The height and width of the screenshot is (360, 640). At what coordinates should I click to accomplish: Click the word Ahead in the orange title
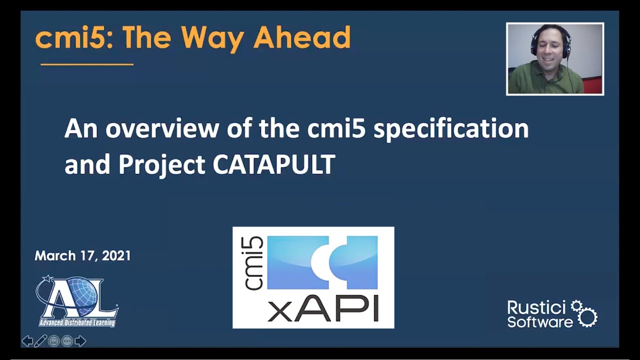[x=302, y=37]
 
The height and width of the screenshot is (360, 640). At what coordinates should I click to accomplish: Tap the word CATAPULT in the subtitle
[x=274, y=164]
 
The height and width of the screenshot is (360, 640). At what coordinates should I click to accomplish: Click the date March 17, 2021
[x=82, y=255]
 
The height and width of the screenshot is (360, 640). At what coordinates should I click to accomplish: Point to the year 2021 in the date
[x=116, y=255]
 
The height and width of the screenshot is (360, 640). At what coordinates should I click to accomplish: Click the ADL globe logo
[x=77, y=301]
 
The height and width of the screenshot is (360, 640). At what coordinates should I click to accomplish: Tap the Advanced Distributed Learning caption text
[x=77, y=323]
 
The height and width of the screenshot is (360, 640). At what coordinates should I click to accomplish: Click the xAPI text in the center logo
[x=323, y=309]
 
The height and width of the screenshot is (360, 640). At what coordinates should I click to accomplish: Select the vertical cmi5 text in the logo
[x=253, y=263]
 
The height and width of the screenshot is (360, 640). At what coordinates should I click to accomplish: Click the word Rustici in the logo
[x=537, y=308]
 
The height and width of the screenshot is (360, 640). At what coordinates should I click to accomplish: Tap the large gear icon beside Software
[x=587, y=317]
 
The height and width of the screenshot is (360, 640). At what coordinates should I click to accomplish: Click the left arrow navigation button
[x=27, y=341]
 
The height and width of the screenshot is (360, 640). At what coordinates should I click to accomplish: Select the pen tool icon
[x=40, y=341]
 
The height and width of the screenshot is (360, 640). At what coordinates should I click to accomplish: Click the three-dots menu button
[x=67, y=341]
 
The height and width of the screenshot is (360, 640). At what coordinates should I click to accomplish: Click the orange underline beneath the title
[x=87, y=64]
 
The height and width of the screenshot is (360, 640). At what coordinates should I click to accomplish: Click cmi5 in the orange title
[x=71, y=38]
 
